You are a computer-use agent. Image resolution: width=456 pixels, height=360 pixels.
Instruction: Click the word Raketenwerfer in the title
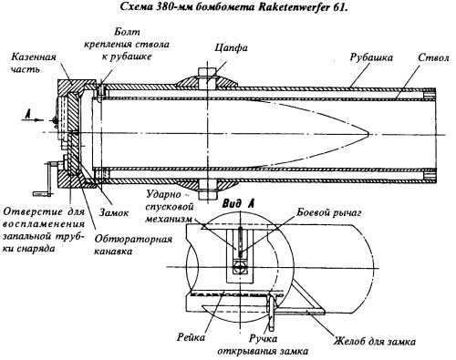293,7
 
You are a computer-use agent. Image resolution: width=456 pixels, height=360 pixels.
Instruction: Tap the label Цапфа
231,48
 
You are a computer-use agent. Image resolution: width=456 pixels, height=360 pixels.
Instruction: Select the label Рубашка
371,57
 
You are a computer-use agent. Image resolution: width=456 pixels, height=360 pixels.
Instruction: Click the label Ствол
433,57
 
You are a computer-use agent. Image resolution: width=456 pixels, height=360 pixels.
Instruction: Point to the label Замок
114,212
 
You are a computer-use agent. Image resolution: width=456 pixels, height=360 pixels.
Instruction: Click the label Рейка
191,337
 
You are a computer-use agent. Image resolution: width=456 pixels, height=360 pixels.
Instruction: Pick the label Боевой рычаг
328,212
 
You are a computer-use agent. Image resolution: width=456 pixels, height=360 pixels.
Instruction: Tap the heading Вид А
238,203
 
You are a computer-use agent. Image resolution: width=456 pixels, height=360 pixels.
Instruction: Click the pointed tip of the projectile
368,133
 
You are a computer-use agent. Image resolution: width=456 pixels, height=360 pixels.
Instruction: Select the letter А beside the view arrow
28,114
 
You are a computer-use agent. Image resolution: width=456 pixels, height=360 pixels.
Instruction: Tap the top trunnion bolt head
207,71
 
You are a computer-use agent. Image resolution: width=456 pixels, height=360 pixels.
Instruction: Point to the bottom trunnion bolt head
207,195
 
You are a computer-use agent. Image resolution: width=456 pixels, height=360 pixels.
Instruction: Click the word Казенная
34,57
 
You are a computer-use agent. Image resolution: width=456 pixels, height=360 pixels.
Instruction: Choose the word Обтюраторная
133,239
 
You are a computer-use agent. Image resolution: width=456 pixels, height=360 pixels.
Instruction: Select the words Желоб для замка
375,342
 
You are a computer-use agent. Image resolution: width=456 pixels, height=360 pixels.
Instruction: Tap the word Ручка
264,338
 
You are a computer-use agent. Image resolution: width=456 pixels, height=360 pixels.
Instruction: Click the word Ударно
163,194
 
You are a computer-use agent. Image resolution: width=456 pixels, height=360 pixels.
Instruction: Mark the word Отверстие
33,211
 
